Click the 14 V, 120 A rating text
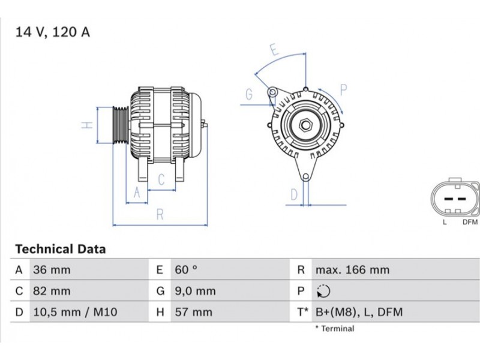[53, 32]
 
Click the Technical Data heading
[61, 249]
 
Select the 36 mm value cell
[52, 270]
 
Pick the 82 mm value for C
[52, 291]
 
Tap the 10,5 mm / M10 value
[76, 312]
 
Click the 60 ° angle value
[186, 270]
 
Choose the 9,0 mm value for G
[196, 291]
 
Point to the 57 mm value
[193, 312]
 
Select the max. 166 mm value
[353, 270]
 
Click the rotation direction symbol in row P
[323, 291]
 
